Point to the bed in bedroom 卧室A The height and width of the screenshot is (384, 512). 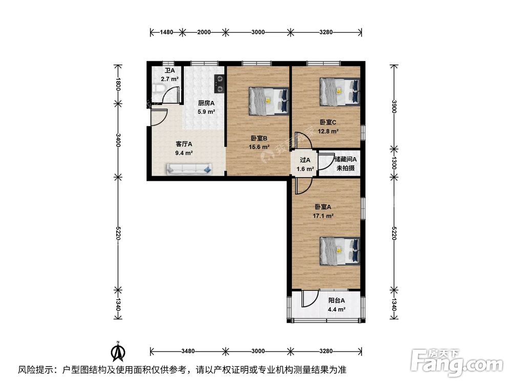point(339,250)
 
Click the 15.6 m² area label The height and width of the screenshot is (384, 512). point(260,146)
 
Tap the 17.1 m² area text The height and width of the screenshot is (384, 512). point(324,216)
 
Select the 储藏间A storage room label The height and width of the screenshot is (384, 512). point(345,160)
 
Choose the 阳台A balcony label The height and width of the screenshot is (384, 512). point(336,301)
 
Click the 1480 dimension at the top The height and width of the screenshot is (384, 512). point(166,32)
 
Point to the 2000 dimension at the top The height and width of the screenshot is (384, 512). point(203,32)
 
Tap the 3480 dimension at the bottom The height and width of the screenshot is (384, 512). point(188,351)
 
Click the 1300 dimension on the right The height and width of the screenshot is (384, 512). point(394,163)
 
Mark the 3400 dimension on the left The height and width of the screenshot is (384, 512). point(118,139)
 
